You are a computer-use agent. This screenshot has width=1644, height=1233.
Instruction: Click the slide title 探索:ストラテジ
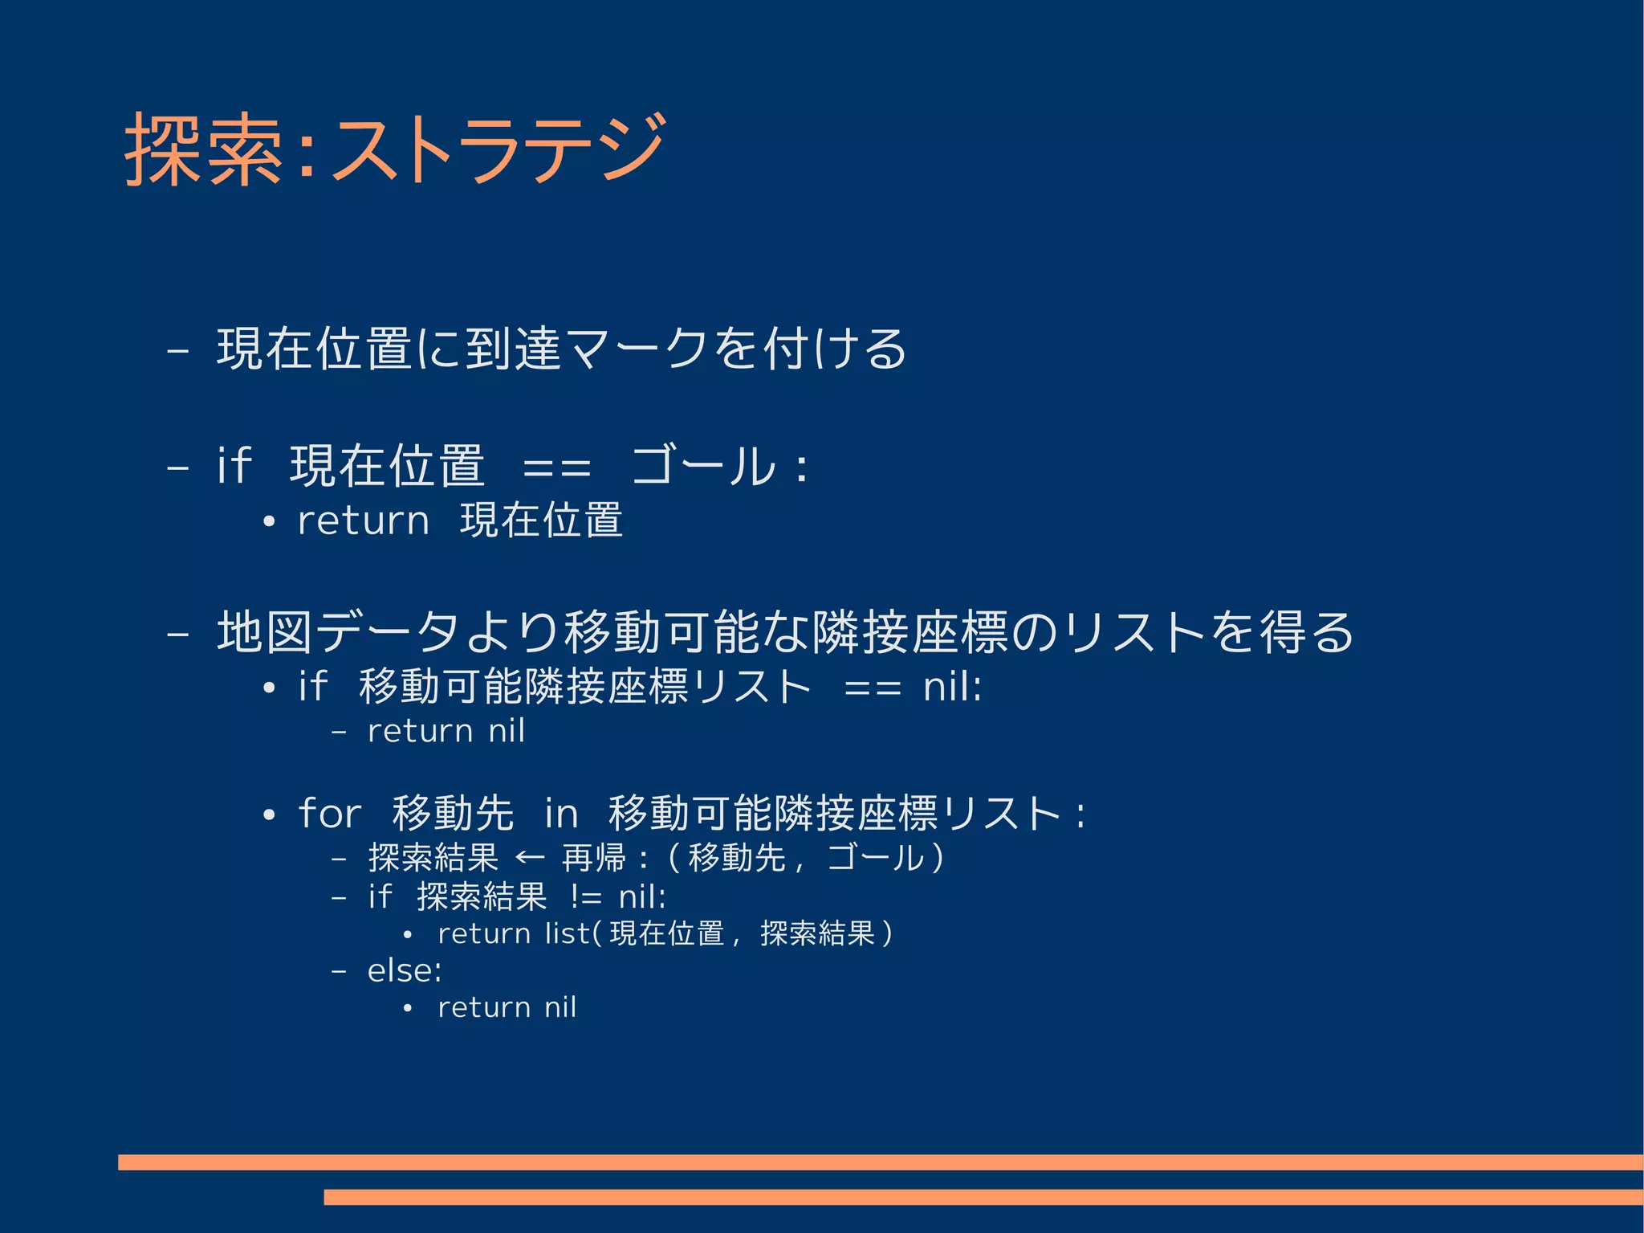(x=393, y=150)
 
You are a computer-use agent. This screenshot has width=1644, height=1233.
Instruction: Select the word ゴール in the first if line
(x=703, y=466)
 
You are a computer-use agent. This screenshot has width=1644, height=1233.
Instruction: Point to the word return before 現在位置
(x=363, y=521)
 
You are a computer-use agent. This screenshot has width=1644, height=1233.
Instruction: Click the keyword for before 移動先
(x=329, y=814)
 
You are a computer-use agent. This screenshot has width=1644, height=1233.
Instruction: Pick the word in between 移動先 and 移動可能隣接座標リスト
(x=561, y=814)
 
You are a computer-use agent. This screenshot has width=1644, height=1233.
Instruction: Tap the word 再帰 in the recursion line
(x=593, y=858)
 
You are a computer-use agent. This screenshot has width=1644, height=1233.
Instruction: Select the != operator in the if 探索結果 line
(x=586, y=897)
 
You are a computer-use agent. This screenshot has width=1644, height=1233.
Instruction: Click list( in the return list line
(x=572, y=934)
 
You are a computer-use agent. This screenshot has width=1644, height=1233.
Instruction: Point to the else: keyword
(x=405, y=971)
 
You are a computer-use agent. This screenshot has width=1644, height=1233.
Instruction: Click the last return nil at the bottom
(x=507, y=1008)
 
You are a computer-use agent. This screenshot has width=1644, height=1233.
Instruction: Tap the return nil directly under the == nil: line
(x=446, y=732)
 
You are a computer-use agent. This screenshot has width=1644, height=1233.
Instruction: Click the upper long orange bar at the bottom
(x=880, y=1162)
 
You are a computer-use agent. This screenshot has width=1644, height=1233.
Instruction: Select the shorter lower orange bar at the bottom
(x=983, y=1197)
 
